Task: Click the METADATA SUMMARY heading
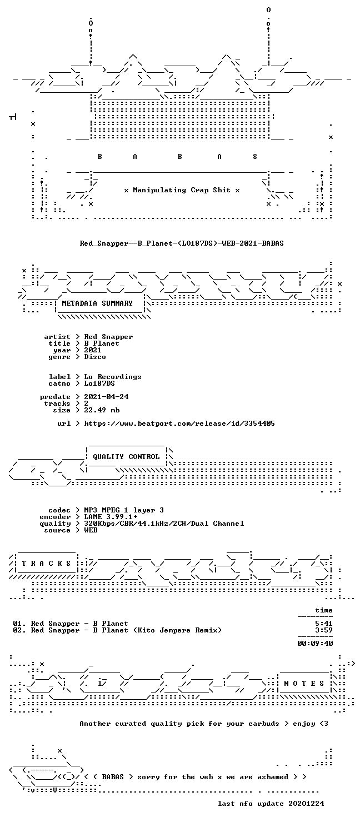97,303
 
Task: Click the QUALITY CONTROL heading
126,457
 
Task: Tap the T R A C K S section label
46,564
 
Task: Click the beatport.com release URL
179,424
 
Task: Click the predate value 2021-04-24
106,397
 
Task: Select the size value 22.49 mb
102,410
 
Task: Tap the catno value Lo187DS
99,383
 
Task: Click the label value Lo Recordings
113,377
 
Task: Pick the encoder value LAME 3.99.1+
111,517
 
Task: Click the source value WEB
91,530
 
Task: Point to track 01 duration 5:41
324,624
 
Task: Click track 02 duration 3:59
324,630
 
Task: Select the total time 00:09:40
315,644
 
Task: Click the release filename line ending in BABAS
182,243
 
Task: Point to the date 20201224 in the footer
306,804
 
